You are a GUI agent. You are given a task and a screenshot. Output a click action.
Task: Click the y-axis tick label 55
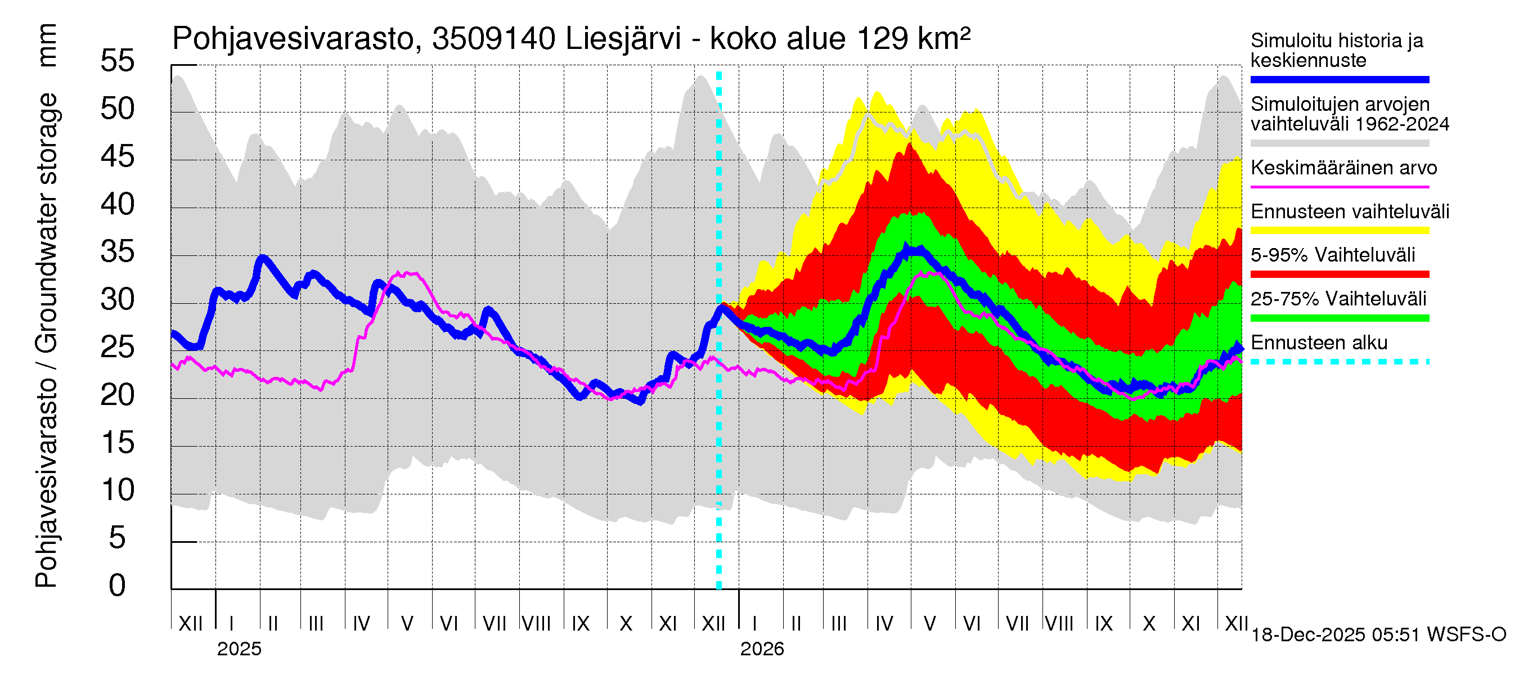coord(118,61)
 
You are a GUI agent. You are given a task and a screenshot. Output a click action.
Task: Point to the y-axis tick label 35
coord(118,252)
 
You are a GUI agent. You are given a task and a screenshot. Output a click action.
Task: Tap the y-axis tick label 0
coord(118,586)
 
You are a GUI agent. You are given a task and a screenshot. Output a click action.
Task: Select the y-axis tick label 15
coord(118,443)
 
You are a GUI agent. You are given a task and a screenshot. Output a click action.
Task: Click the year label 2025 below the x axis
coord(239,649)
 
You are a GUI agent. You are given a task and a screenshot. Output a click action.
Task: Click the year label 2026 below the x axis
coord(762,649)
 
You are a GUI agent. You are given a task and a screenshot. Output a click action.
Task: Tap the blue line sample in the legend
coord(1339,79)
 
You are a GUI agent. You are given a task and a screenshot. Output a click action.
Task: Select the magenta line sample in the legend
coord(1339,187)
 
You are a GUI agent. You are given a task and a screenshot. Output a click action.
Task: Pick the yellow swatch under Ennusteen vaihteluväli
coord(1339,231)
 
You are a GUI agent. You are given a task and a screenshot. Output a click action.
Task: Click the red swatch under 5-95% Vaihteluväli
coord(1339,274)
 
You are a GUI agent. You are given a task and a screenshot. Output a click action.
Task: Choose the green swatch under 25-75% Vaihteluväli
coord(1339,318)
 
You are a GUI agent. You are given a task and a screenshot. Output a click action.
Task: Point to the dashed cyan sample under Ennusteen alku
coord(1339,361)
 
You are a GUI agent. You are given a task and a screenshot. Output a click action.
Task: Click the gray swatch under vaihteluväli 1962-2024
coord(1339,143)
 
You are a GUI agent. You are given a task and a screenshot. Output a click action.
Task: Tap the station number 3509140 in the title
coord(493,39)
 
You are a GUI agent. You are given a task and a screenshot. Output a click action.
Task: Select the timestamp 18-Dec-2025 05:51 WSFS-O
coord(1378,635)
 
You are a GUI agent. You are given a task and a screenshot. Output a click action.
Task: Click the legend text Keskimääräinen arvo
coord(1343,168)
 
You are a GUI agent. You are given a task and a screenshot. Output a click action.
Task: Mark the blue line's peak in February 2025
coord(262,258)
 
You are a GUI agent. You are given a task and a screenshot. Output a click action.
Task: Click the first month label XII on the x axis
coord(190,623)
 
